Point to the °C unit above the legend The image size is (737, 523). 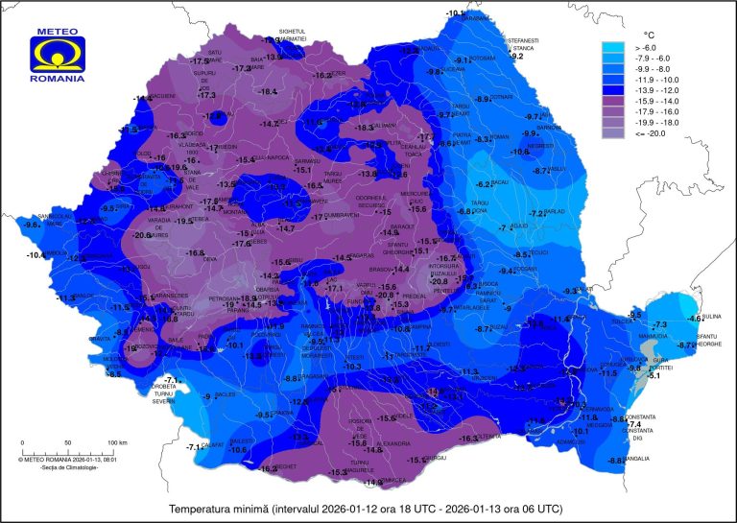click(x=648, y=34)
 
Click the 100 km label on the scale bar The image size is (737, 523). click(x=117, y=442)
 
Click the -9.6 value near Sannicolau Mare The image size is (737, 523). click(x=32, y=225)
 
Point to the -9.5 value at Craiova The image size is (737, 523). click(x=262, y=415)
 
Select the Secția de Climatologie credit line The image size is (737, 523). click(x=58, y=466)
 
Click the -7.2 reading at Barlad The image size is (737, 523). click(x=538, y=213)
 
